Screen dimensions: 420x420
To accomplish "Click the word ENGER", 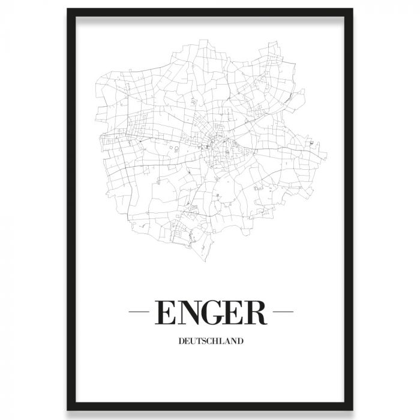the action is tap(210, 313).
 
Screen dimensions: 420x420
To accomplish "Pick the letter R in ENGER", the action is tap(254, 313).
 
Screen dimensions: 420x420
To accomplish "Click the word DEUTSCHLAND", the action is tap(210, 343).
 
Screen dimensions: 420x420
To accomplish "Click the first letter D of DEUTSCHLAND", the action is tap(181, 343).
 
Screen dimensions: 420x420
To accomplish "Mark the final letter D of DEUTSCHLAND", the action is tap(239, 343).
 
